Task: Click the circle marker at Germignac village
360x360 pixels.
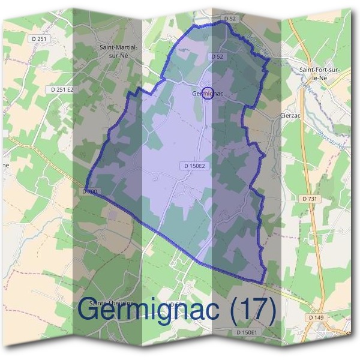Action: tap(208, 93)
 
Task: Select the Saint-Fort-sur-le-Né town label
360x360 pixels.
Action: tap(320, 74)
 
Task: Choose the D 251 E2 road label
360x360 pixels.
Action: tap(62, 89)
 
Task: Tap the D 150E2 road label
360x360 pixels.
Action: tap(193, 165)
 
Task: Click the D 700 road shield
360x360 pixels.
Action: tap(89, 191)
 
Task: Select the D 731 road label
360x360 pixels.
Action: tap(310, 198)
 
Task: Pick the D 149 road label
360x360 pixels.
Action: tap(317, 317)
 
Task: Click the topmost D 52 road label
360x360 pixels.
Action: tap(230, 19)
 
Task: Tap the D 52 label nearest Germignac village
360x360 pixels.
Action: tap(217, 56)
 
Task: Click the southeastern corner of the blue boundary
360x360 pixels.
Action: tap(263, 283)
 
